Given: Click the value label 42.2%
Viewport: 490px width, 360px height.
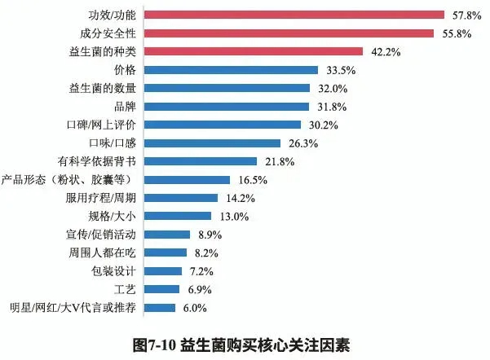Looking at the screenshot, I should tap(383, 51).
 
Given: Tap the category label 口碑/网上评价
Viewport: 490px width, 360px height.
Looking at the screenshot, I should tap(105, 125).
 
